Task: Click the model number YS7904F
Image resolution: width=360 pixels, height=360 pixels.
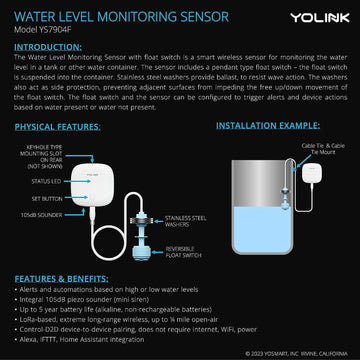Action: tap(45, 29)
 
